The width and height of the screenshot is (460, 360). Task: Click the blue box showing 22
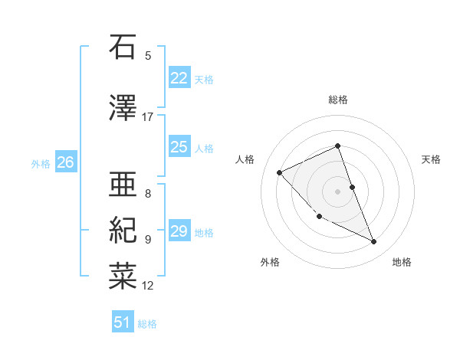click(179, 78)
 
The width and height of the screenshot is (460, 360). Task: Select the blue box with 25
click(179, 147)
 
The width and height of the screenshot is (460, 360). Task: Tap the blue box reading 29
click(179, 231)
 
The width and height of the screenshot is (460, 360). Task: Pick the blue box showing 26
click(66, 162)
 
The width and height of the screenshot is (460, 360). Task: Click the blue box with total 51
click(123, 322)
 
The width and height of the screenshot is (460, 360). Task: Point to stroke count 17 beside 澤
click(147, 117)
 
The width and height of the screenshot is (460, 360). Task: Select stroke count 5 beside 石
click(148, 55)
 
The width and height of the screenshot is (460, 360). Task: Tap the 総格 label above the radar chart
click(338, 100)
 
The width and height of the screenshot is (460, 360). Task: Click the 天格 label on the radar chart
click(431, 159)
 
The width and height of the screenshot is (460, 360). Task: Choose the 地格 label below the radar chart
click(402, 262)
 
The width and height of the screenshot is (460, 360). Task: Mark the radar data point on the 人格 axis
click(280, 172)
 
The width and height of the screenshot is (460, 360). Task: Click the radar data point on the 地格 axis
click(374, 242)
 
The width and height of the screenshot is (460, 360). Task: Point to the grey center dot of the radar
click(338, 191)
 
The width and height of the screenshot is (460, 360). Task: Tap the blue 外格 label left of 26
click(40, 163)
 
